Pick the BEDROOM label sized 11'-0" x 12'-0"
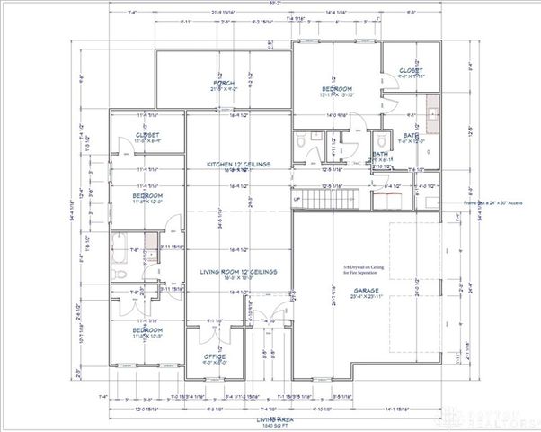click(x=147, y=195)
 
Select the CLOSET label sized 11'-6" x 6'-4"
click(x=147, y=137)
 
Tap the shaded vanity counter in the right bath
click(x=431, y=115)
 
